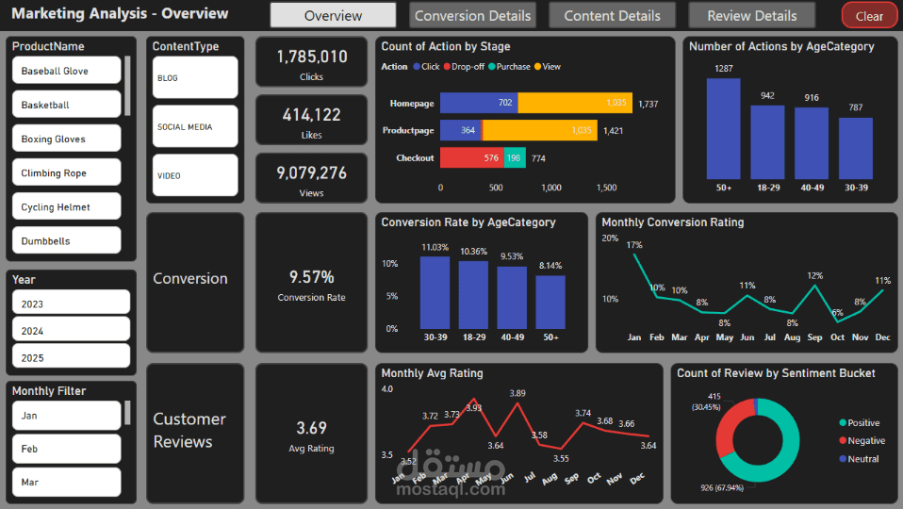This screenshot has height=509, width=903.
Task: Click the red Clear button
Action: click(x=869, y=15)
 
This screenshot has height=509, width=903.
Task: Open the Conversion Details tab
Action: click(x=473, y=15)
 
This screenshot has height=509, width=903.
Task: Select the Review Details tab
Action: click(x=752, y=15)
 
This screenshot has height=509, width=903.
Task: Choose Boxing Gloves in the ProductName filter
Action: click(x=67, y=139)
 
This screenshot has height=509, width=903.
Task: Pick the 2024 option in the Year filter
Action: click(x=71, y=331)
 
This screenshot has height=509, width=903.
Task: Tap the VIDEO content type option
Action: click(x=195, y=175)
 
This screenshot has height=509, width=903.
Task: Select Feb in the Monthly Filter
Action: click(x=67, y=449)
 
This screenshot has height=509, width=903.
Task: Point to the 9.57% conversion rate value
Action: click(x=312, y=277)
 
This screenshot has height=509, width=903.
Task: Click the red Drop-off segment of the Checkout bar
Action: click(x=472, y=157)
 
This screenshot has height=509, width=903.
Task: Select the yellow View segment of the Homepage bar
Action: click(x=575, y=103)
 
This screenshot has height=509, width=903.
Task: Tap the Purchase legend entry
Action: click(x=509, y=67)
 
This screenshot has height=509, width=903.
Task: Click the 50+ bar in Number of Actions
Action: click(x=723, y=128)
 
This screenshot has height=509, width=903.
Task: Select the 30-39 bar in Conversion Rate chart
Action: click(x=435, y=292)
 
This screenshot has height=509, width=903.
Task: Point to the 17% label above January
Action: click(x=634, y=245)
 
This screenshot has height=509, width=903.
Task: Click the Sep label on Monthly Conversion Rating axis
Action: click(x=815, y=337)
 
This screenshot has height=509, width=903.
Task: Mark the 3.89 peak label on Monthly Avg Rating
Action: click(x=517, y=393)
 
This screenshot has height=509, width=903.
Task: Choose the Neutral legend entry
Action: click(x=860, y=459)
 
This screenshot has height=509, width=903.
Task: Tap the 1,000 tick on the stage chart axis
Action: click(x=551, y=188)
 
